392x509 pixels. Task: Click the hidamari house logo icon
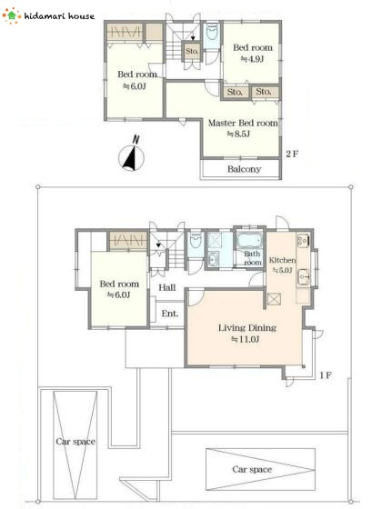pos(12,15)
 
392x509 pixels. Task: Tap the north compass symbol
pos(131,155)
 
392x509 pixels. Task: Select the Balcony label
pos(245,169)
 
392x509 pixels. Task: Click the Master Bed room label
pos(243,123)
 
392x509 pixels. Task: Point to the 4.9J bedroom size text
pos(252,59)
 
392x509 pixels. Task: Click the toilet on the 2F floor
pos(212,33)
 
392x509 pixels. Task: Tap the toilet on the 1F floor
pos(196,241)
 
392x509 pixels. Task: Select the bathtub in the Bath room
pos(249,241)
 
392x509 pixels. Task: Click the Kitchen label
pos(282,260)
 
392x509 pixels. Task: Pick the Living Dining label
pos(247,327)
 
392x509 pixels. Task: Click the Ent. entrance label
pos(170,314)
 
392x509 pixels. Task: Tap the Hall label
pos(167,287)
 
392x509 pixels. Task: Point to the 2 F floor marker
pos(292,154)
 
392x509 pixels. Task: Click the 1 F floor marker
pos(326,375)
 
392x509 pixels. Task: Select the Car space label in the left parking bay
pos(75,442)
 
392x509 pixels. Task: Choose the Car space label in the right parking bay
pos(252,469)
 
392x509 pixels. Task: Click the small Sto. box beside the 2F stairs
pos(192,51)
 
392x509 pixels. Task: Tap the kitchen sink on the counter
pos(304,277)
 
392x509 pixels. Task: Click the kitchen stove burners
pos(303,241)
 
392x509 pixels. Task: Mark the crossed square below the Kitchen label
pos(274,299)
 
